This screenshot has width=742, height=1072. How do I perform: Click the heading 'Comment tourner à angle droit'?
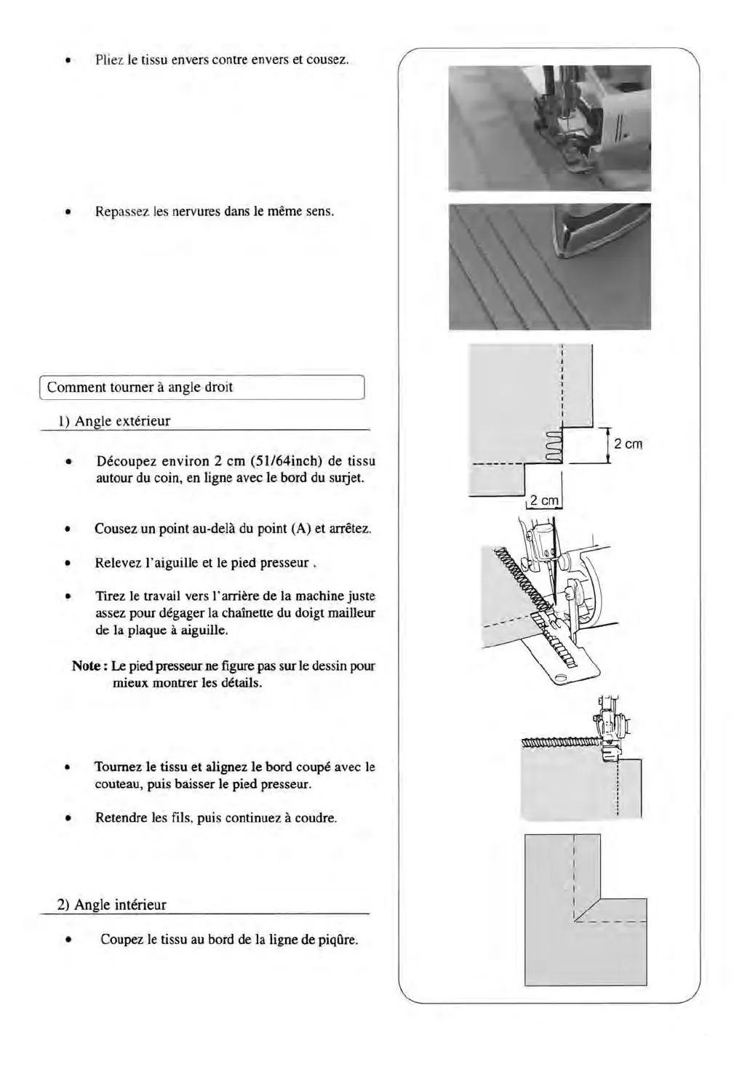pyautogui.click(x=140, y=388)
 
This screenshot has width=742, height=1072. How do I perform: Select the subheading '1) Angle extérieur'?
pyautogui.click(x=114, y=421)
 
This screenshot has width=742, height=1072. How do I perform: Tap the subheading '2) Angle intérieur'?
pyautogui.click(x=112, y=905)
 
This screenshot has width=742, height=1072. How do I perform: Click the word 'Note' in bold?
pyautogui.click(x=86, y=666)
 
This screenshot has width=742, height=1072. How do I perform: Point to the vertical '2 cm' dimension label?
pyautogui.click(x=628, y=444)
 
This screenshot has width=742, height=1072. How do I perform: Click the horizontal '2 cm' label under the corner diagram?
pyautogui.click(x=544, y=500)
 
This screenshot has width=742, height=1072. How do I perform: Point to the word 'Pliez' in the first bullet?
pyautogui.click(x=110, y=60)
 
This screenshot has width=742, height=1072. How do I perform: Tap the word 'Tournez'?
pyautogui.click(x=119, y=767)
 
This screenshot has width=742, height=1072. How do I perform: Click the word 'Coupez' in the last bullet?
pyautogui.click(x=121, y=940)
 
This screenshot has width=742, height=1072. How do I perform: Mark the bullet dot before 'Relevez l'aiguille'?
pyautogui.click(x=67, y=564)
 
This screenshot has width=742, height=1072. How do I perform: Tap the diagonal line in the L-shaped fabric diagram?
pyautogui.click(x=586, y=910)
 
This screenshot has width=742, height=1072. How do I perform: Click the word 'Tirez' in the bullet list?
pyautogui.click(x=110, y=596)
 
